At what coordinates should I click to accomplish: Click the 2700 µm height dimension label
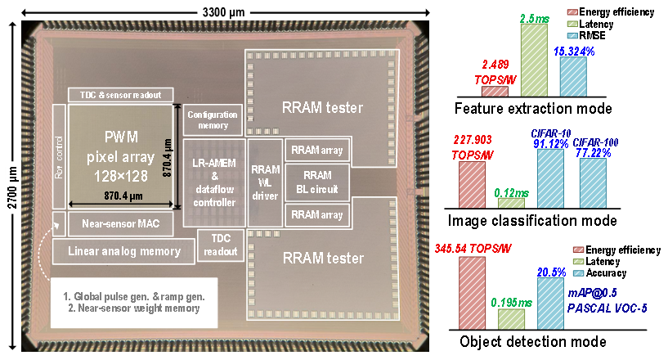click(12, 187)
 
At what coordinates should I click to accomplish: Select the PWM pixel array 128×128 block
click(121, 155)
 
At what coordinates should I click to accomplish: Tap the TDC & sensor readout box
click(121, 94)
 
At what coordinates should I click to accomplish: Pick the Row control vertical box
click(58, 155)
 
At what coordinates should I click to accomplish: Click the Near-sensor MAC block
click(121, 222)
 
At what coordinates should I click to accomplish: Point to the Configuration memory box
click(212, 119)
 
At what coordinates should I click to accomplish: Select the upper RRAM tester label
click(322, 106)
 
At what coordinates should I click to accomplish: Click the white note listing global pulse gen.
click(127, 302)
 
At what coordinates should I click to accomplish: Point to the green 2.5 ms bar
click(533, 60)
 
